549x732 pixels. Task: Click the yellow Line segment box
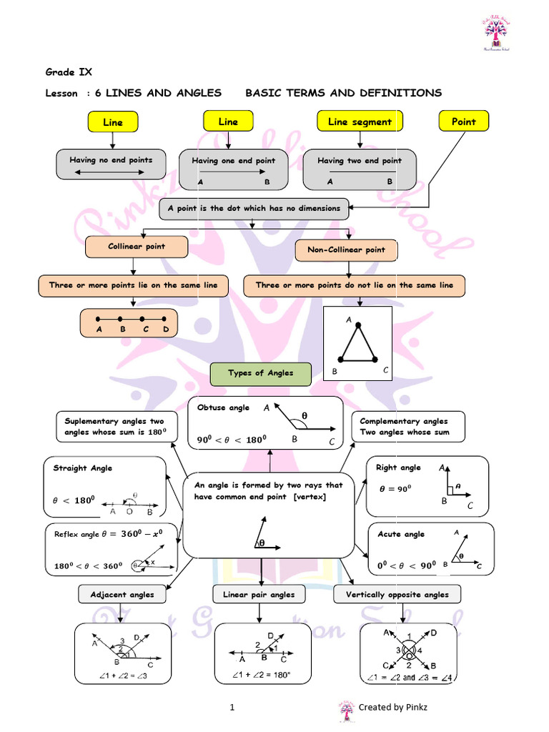point(360,122)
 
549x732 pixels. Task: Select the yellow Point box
point(463,122)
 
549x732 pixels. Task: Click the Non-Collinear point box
point(347,250)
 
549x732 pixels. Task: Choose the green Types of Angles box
point(261,373)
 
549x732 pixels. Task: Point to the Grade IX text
point(69,71)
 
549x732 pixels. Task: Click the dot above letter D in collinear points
point(165,318)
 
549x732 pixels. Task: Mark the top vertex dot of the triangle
point(359,325)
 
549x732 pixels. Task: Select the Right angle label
point(398,468)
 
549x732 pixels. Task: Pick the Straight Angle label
point(83,468)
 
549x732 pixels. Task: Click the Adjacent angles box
point(122,594)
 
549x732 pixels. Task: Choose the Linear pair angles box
point(259,594)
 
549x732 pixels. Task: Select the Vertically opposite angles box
point(397,594)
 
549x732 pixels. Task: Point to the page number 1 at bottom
point(232,707)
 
